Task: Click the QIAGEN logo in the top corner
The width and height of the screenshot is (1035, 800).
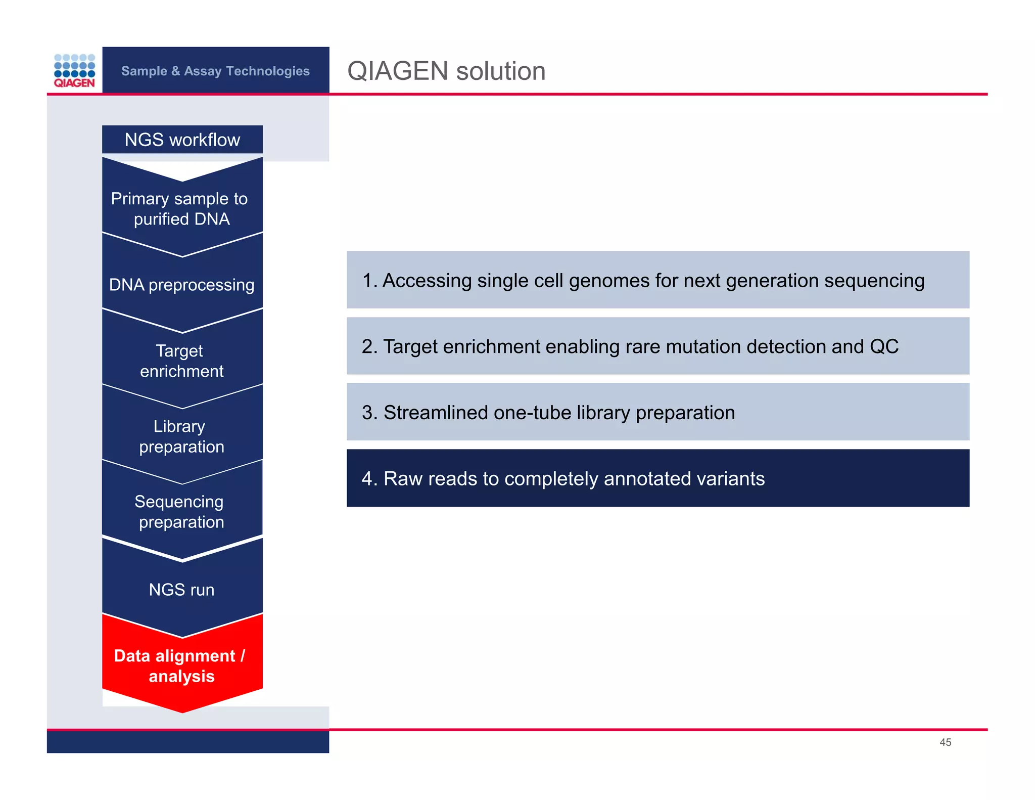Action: click(x=74, y=71)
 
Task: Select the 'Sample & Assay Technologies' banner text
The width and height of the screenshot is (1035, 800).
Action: click(x=215, y=71)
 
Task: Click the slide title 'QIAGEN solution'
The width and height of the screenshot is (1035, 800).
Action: click(x=446, y=71)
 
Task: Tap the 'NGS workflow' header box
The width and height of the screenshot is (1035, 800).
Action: click(x=182, y=140)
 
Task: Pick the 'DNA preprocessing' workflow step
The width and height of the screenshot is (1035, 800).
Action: click(x=181, y=285)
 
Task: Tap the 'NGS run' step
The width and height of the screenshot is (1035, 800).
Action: click(x=181, y=589)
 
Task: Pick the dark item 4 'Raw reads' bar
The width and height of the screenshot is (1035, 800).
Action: click(x=657, y=478)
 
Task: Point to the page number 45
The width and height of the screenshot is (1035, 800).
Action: click(x=945, y=742)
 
